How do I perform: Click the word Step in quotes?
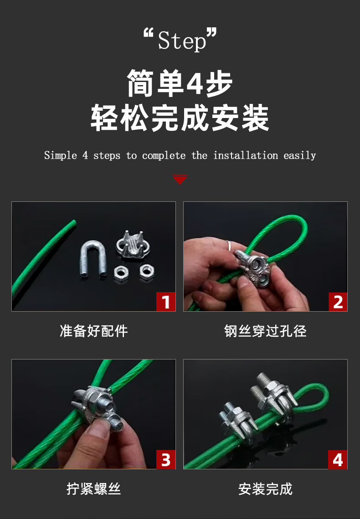[x=182, y=41]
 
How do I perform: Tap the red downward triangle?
[x=180, y=179]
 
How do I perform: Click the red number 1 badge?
[x=166, y=302]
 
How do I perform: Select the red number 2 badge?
[x=338, y=302]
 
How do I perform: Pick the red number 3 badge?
[x=166, y=460]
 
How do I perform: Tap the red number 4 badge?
[x=338, y=460]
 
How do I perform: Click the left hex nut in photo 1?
[x=121, y=273]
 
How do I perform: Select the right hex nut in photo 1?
[x=147, y=272]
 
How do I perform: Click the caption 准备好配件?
[x=93, y=331]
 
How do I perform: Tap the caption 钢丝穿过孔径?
[x=265, y=331]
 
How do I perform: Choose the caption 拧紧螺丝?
[x=93, y=489]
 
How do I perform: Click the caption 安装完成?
[x=265, y=489]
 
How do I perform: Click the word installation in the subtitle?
[x=246, y=155]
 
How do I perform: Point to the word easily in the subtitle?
[x=300, y=155]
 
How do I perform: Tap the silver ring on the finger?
[x=230, y=245]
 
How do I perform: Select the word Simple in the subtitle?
[x=61, y=155]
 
